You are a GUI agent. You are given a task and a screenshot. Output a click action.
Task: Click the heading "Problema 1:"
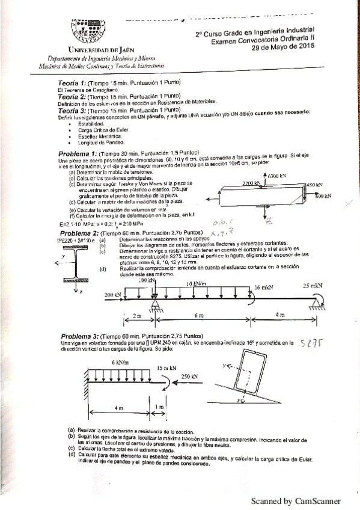pos(80,153)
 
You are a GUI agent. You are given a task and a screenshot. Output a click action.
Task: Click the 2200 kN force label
pos(252,182)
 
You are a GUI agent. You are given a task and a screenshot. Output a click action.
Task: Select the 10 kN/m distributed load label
pos(197,266)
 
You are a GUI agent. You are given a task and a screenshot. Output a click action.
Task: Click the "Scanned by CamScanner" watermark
pos(295,500)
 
